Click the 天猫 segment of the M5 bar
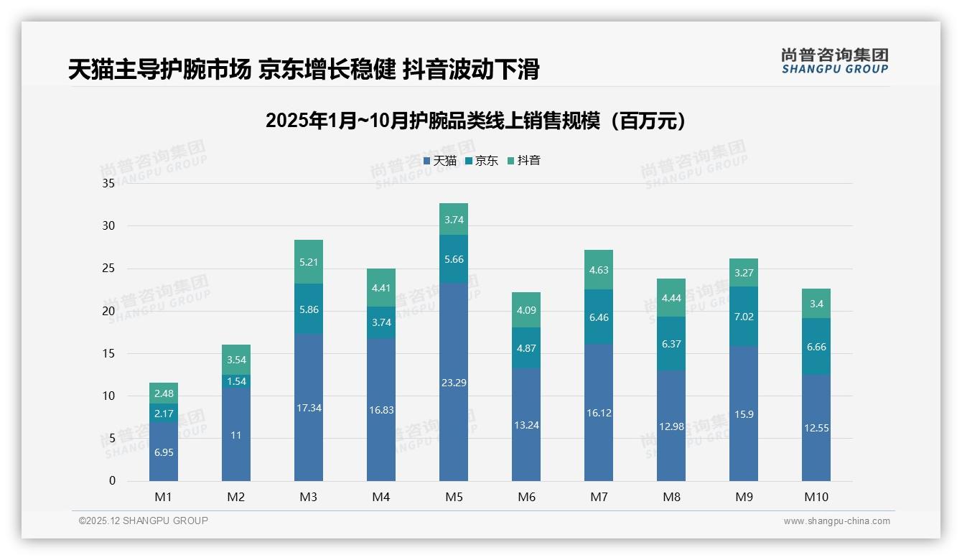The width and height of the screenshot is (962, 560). point(453,382)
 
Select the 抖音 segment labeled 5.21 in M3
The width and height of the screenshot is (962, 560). point(308,262)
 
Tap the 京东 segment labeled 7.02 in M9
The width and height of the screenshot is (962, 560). point(743,316)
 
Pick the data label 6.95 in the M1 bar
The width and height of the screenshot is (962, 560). point(163,452)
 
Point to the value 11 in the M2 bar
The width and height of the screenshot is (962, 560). point(236,435)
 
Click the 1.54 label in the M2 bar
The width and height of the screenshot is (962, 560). point(236,381)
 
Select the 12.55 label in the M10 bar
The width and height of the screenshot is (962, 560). point(816,428)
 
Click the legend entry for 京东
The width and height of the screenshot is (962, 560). point(481,161)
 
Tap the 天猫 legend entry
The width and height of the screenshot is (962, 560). point(439,161)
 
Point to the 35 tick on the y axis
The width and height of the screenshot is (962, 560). point(108,183)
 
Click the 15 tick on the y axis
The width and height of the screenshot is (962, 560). point(108,353)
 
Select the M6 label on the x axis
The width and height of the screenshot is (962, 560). point(526,497)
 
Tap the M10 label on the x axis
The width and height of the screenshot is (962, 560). point(816,497)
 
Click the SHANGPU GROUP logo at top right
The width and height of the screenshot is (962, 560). point(834,60)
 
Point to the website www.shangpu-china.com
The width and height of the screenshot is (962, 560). point(836,521)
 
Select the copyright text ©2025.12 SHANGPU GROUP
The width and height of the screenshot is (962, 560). point(143,521)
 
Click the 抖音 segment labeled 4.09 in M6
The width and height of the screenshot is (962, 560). point(526,311)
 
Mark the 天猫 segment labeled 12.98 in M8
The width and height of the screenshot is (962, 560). point(671,426)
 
